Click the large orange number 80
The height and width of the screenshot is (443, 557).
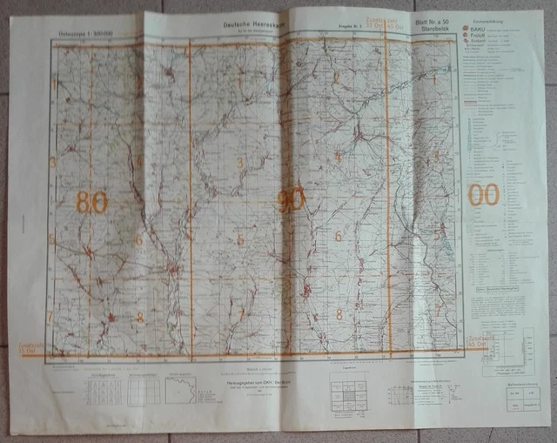92,202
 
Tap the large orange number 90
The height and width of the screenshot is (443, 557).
291,200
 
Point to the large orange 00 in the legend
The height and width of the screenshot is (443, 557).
484,194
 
